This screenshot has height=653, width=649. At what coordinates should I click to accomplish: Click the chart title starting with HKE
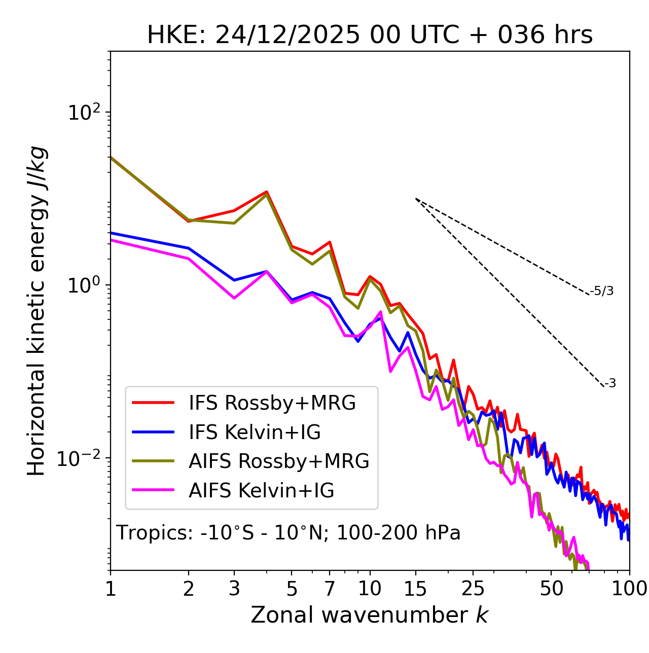pyautogui.click(x=370, y=35)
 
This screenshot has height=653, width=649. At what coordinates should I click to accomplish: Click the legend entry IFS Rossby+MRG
pyautogui.click(x=272, y=403)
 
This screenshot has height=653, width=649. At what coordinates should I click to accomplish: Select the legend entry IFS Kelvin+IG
pyautogui.click(x=255, y=432)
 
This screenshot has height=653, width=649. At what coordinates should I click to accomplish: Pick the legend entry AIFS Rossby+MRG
pyautogui.click(x=279, y=461)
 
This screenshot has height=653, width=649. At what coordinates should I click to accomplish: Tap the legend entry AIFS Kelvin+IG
pyautogui.click(x=261, y=491)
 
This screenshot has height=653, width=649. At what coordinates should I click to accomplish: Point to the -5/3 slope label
pyautogui.click(x=602, y=291)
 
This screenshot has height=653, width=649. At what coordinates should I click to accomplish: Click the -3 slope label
pyautogui.click(x=610, y=384)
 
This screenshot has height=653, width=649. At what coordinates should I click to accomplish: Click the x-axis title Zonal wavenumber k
pyautogui.click(x=370, y=615)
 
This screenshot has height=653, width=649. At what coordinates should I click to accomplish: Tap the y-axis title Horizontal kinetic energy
pyautogui.click(x=37, y=311)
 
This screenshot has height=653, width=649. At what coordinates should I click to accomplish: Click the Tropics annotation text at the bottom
pyautogui.click(x=289, y=533)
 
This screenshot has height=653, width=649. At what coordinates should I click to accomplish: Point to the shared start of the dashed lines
pyautogui.click(x=416, y=199)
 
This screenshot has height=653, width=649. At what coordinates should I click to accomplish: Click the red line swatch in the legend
pyautogui.click(x=153, y=403)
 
